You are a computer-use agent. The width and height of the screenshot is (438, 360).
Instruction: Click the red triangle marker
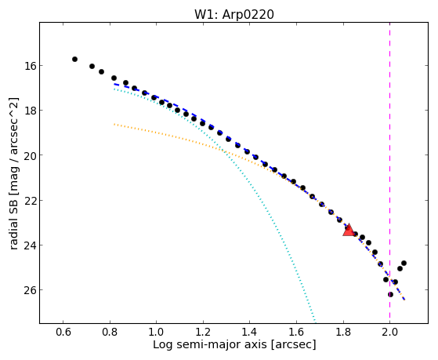(x=349, y=231)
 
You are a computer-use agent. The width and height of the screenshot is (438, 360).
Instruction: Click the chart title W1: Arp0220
(x=234, y=15)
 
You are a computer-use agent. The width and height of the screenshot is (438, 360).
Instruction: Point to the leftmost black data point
(x=74, y=59)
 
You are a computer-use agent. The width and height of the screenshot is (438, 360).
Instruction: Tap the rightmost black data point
(x=404, y=264)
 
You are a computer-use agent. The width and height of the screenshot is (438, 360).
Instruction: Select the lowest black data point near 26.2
(x=390, y=295)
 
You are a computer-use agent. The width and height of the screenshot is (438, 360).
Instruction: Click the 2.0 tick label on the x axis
(x=389, y=332)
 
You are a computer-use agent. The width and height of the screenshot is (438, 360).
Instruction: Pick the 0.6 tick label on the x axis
(x=63, y=332)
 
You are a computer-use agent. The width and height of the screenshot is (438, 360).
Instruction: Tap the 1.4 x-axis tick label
(x=249, y=332)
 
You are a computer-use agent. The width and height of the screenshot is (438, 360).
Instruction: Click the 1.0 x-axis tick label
(x=156, y=332)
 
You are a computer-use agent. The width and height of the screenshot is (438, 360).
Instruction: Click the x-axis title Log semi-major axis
(x=210, y=344)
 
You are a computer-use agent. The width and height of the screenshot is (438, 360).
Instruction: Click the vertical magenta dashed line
(x=389, y=173)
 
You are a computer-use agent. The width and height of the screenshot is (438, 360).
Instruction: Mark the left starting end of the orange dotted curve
(x=114, y=124)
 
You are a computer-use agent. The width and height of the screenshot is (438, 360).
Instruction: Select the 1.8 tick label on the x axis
(x=343, y=332)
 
